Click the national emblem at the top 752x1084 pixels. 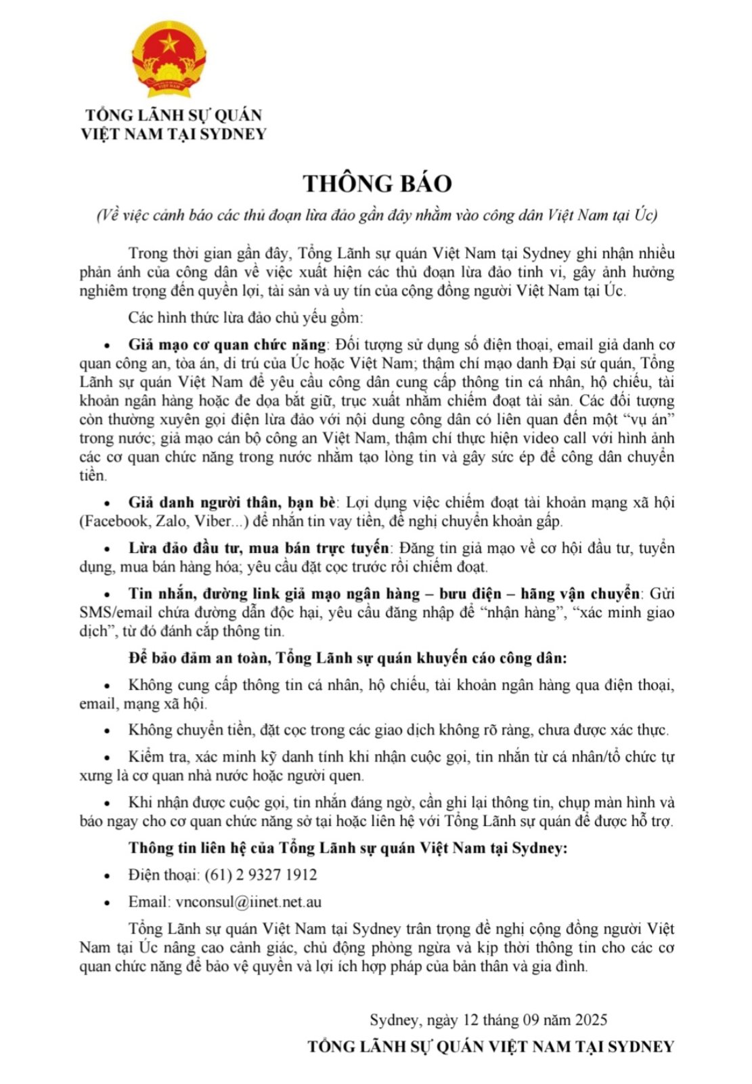(169, 60)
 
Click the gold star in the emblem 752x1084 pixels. (169, 45)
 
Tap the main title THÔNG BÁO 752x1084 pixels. (376, 184)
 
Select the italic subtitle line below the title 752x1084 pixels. (376, 215)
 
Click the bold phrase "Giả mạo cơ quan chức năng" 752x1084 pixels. (227, 345)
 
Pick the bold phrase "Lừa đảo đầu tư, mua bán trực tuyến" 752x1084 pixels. (259, 548)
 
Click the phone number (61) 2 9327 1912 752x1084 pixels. (261, 875)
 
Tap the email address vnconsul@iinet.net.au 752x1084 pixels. (248, 902)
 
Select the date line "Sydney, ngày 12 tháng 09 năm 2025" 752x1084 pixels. (488, 1020)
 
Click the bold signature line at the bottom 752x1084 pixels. (491, 1046)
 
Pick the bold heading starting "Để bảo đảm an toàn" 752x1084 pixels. (348, 658)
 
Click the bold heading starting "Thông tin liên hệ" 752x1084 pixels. (348, 848)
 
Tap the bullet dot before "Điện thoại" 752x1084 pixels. (106, 876)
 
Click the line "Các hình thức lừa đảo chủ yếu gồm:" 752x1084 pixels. (246, 317)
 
